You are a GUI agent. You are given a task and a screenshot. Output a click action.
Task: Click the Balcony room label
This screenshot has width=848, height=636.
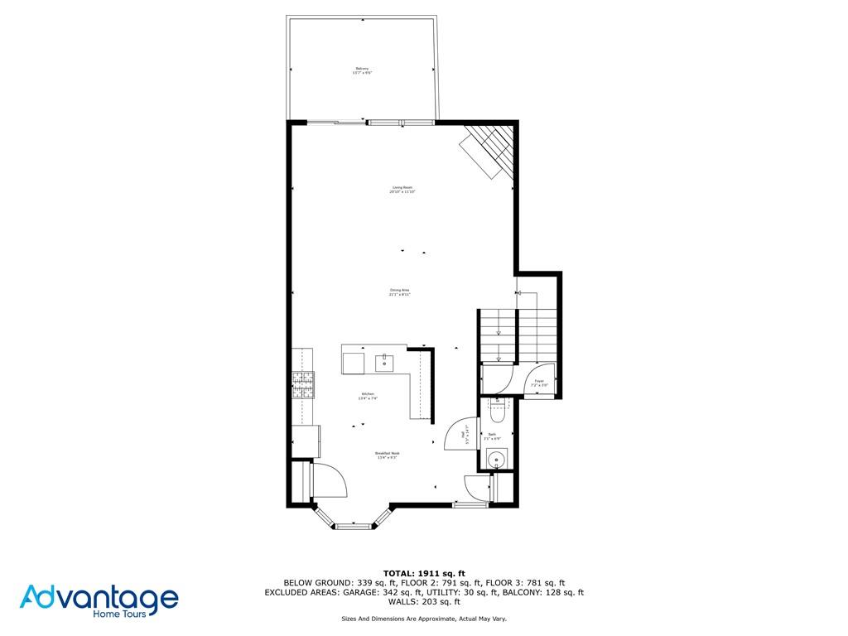pos(362,70)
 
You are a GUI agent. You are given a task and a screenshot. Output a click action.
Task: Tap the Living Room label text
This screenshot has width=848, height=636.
pos(402,190)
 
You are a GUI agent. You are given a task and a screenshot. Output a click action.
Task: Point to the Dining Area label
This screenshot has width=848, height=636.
pos(400,292)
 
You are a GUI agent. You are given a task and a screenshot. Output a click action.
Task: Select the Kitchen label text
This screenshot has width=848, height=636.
pos(368,396)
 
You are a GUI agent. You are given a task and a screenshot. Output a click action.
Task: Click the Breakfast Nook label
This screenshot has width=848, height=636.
pos(388,455)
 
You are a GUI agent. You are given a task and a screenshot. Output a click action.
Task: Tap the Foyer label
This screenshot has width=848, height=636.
pos(538,383)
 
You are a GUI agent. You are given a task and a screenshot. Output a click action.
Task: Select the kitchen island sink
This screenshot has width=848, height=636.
pos(385,362)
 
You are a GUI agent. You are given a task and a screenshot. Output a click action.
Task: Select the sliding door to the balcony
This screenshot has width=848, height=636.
pos(335,123)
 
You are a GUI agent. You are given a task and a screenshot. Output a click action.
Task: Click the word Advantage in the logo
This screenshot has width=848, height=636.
pos(99,598)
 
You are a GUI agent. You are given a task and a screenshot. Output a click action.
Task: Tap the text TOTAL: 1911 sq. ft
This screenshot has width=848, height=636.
pos(424,573)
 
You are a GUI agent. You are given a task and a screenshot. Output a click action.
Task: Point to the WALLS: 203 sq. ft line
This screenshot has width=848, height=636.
pos(424,602)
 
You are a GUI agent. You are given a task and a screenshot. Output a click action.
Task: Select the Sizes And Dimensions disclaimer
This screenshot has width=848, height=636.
pos(424,619)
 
